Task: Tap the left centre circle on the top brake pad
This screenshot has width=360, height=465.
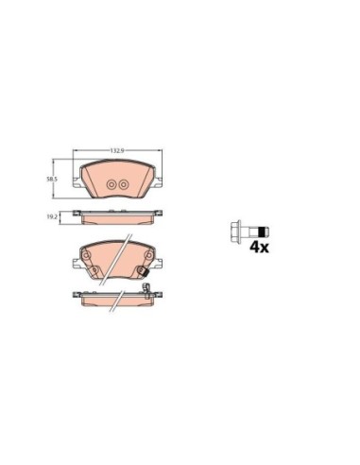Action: pyautogui.click(x=110, y=185)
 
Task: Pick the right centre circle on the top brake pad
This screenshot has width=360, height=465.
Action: pyautogui.click(x=122, y=185)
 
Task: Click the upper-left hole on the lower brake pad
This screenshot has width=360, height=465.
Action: pyautogui.click(x=87, y=253)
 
